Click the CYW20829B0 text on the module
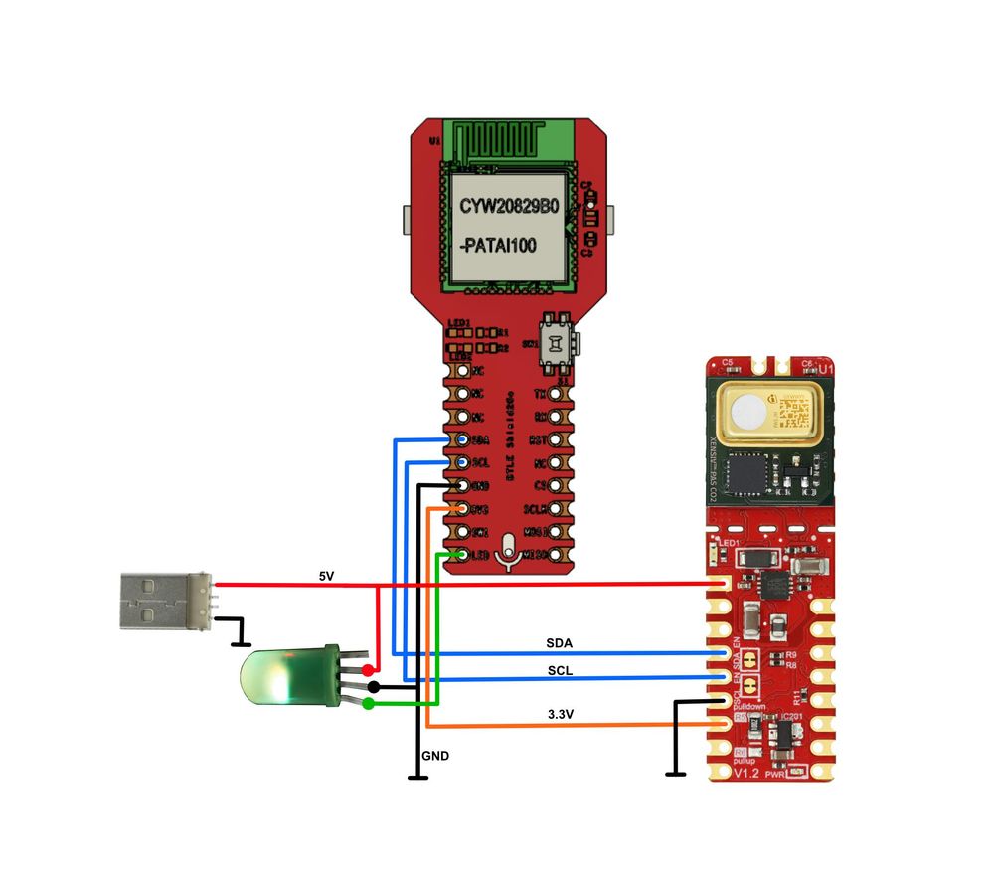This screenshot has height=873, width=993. [509, 205]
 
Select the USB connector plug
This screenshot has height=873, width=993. [157, 600]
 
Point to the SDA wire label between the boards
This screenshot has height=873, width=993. [560, 643]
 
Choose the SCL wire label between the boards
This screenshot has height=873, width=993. [560, 670]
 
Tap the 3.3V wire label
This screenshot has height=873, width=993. [563, 714]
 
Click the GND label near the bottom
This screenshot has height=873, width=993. [435, 756]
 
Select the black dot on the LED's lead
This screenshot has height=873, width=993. [373, 686]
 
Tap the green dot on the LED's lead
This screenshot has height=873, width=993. [370, 704]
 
